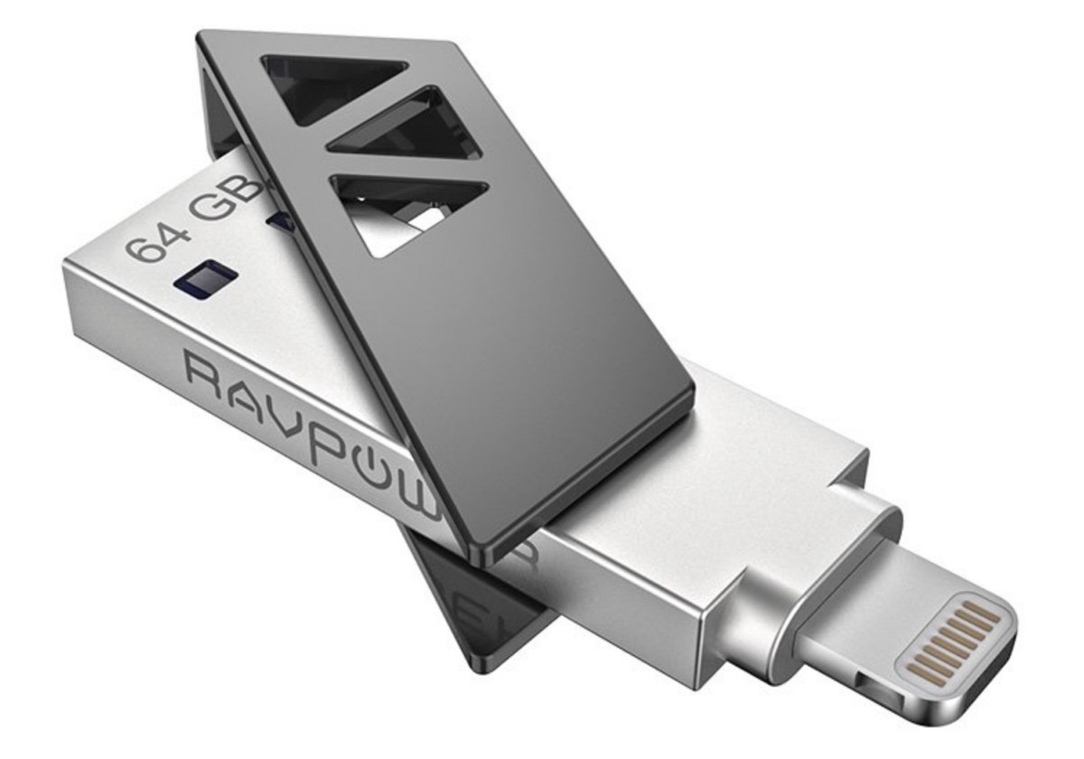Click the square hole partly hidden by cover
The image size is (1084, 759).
pyautogui.click(x=280, y=220)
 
